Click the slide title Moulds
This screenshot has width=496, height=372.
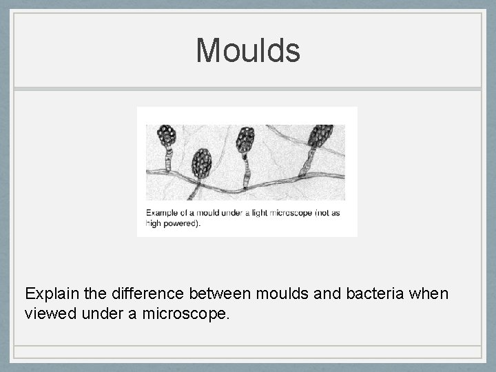click(248, 50)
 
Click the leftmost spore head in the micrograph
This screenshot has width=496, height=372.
click(167, 136)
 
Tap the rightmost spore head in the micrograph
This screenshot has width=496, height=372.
click(320, 136)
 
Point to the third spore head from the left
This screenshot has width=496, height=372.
click(245, 140)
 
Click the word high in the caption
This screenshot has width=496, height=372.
click(154, 223)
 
